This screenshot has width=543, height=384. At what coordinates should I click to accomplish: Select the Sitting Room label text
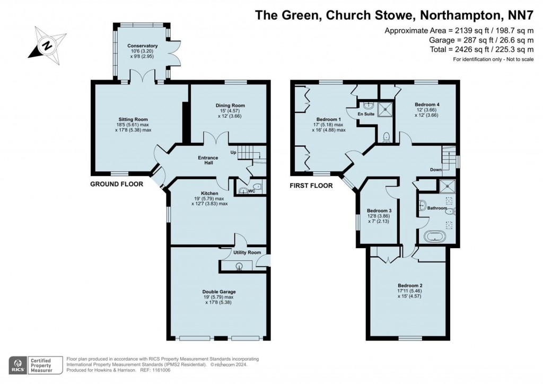[x=133, y=119]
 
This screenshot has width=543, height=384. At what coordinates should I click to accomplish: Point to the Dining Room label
[x=230, y=106]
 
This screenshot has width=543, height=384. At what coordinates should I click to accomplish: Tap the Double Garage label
[x=218, y=291]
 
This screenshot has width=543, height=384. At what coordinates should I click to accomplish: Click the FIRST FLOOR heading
[x=311, y=186]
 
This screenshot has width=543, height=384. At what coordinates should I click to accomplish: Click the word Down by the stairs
[x=436, y=170]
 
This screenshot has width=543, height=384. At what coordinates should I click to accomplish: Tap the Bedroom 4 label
[x=426, y=104]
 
